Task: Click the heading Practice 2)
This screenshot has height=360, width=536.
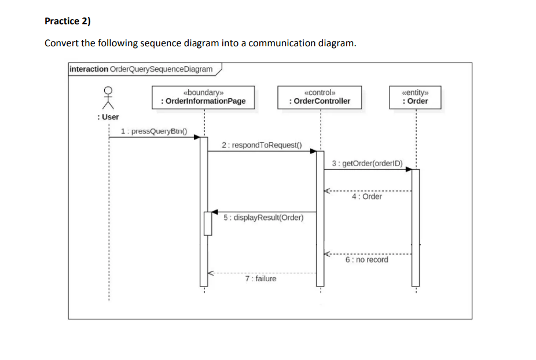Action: click(68, 21)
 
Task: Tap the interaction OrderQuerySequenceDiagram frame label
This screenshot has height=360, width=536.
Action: click(141, 69)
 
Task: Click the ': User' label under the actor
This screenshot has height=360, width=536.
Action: click(108, 117)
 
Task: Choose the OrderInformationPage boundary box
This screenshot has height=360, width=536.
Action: click(203, 97)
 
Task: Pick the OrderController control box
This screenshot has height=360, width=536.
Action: click(320, 97)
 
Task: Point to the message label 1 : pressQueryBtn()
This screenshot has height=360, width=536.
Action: click(155, 131)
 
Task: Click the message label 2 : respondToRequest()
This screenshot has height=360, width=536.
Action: click(262, 145)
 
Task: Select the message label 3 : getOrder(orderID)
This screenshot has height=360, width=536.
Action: click(368, 163)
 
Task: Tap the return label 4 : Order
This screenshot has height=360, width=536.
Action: click(367, 197)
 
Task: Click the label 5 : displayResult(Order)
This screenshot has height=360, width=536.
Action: click(263, 218)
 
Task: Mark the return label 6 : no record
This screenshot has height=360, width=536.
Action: click(366, 260)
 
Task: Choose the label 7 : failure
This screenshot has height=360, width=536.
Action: click(260, 279)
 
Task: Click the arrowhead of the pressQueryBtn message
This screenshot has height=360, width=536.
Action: click(197, 137)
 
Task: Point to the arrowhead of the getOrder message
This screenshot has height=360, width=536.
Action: click(408, 169)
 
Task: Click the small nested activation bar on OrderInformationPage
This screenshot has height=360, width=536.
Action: click(207, 223)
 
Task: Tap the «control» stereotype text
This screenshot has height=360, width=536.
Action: click(320, 91)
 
